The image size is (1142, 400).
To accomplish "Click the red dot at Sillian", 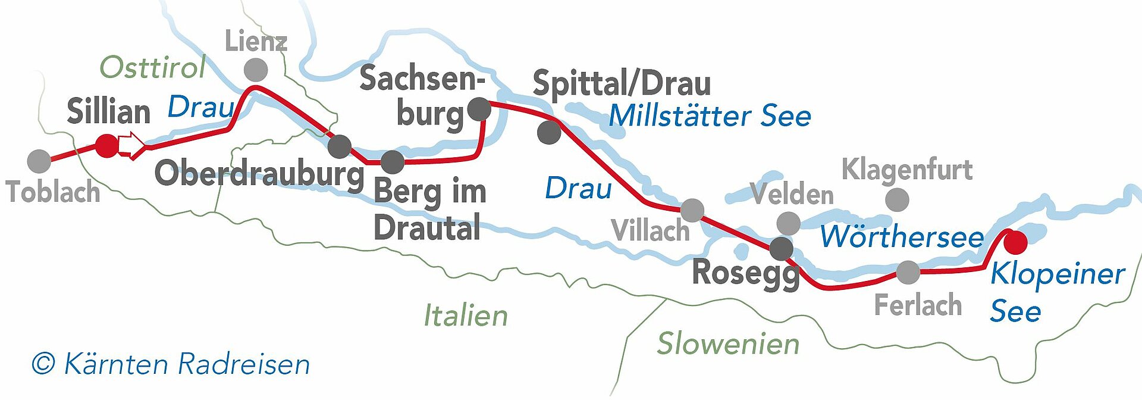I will pyautogui.click(x=107, y=146).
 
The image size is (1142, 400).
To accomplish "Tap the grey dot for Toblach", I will pyautogui.click(x=39, y=161).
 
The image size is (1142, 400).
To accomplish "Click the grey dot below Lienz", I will pyautogui.click(x=256, y=70).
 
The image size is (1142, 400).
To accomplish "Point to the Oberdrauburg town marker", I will pyautogui.click(x=340, y=146).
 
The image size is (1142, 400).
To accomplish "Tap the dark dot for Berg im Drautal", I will pyautogui.click(x=392, y=162).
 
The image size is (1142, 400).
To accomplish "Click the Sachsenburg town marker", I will pyautogui.click(x=479, y=109).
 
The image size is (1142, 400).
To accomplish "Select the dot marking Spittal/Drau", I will pyautogui.click(x=548, y=132).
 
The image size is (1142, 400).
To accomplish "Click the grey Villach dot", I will pyautogui.click(x=692, y=210).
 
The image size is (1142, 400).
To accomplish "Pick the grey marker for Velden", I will pyautogui.click(x=788, y=223).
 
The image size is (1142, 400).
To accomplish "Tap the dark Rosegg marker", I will pyautogui.click(x=781, y=248).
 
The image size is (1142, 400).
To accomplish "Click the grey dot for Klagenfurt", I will pyautogui.click(x=897, y=200).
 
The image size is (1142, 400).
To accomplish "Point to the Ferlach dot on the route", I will pyautogui.click(x=908, y=273).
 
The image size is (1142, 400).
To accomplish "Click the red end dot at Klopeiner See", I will pyautogui.click(x=1015, y=242).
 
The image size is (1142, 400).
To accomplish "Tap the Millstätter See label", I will pyautogui.click(x=710, y=115).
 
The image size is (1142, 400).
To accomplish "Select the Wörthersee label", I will pyautogui.click(x=902, y=236).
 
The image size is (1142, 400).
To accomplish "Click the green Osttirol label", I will pyautogui.click(x=152, y=67).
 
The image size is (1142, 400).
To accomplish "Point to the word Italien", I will pyautogui.click(x=466, y=315).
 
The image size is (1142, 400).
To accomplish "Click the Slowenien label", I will pyautogui.click(x=728, y=344).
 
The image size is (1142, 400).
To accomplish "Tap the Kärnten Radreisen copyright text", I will pyautogui.click(x=171, y=364).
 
